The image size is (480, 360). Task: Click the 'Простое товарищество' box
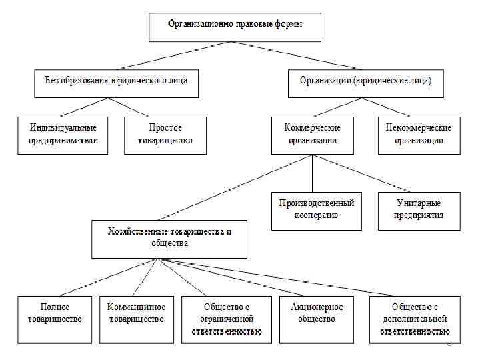point(165,135)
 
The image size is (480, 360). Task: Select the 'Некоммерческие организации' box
point(419,135)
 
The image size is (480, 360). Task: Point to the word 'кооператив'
point(316,215)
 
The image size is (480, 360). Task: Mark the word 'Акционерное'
point(317,307)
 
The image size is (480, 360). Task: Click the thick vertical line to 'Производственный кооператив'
point(313,173)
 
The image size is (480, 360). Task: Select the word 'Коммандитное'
point(137,307)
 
